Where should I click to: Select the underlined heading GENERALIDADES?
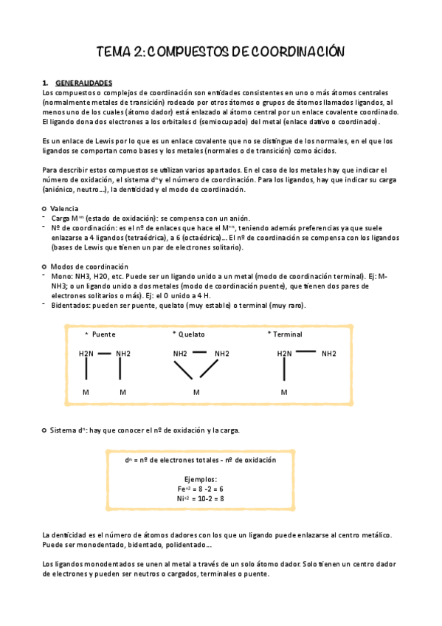tap(83, 82)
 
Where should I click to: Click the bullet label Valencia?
tap(64, 208)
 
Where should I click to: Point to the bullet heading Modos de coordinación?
tap(89, 266)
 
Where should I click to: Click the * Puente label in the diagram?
tap(100, 334)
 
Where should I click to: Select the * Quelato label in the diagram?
tap(188, 334)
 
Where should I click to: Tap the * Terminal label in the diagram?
tap(285, 334)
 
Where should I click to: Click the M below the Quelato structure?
tap(196, 392)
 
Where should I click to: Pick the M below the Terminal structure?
tap(284, 392)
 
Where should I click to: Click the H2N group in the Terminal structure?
tap(285, 354)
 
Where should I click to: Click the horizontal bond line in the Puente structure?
tap(106, 353)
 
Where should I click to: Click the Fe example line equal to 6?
tap(201, 489)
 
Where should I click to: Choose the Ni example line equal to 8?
tap(201, 498)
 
